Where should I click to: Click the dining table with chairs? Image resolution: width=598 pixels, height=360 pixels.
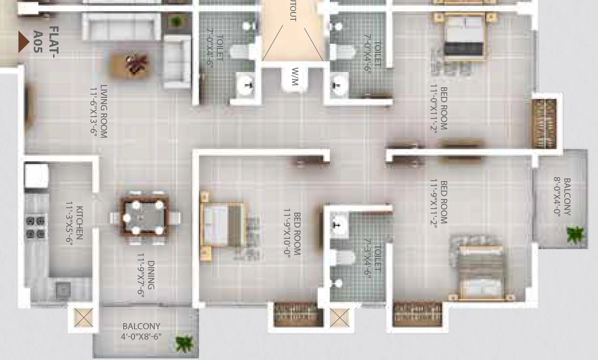coord(145,218)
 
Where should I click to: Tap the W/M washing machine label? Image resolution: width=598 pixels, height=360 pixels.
coord(294,77)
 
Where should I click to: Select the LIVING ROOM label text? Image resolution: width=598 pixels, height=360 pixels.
coord(103,110)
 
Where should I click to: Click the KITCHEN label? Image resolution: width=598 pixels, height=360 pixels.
coord(79,223)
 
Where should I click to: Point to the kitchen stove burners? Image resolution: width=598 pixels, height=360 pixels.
coord(36,227)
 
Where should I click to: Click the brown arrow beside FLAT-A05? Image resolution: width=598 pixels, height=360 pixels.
coord(23,41)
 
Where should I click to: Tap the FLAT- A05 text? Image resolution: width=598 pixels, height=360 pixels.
coord(46,41)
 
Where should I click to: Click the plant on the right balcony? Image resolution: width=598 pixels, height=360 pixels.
coord(575,234)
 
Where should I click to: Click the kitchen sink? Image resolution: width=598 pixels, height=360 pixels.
coord(62,290)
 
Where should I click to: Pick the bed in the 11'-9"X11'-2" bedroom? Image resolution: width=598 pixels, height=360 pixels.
coord(482,272)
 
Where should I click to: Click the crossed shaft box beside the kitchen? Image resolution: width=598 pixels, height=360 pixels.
coord(84,317)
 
